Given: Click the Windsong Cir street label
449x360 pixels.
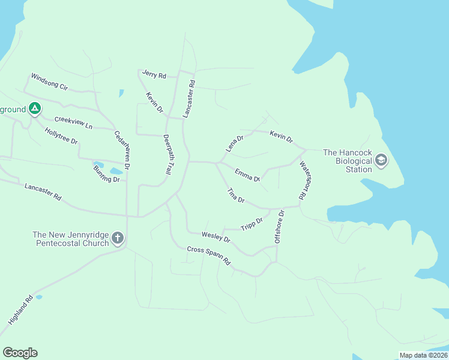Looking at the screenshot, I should (x=50, y=81).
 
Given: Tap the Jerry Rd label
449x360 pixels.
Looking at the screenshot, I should (x=154, y=75).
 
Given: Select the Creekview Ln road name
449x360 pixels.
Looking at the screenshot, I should (x=73, y=122).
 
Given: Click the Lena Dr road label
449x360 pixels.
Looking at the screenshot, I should (x=234, y=143).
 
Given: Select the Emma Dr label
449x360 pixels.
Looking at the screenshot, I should (x=247, y=175).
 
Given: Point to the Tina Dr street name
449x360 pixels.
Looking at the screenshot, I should (x=236, y=195).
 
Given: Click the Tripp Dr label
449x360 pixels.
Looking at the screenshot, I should (x=252, y=224).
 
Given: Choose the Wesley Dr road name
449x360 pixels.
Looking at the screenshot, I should (x=216, y=236).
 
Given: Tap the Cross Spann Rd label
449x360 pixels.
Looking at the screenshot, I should (x=209, y=256).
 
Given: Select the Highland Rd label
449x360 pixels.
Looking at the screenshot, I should (x=20, y=310).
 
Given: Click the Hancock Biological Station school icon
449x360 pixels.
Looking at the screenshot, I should (x=381, y=160).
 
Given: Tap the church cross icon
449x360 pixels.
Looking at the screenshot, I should (x=117, y=238).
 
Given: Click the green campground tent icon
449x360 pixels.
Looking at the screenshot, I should (x=35, y=109).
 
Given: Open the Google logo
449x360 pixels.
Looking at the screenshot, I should (x=20, y=352).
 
